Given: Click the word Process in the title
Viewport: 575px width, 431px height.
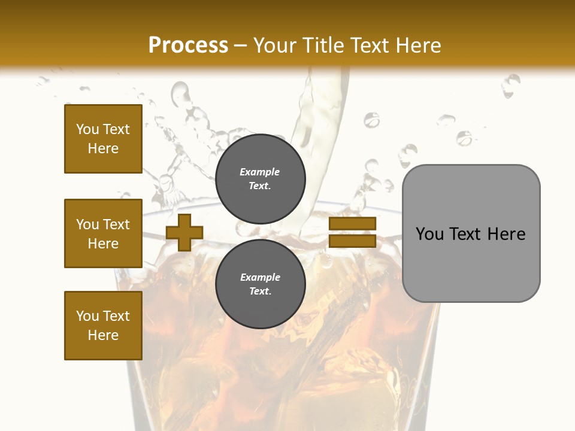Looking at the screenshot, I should [x=188, y=45].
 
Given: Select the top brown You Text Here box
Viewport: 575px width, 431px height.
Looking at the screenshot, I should [x=103, y=139].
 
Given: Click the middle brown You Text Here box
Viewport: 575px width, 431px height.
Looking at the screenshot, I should [x=103, y=233].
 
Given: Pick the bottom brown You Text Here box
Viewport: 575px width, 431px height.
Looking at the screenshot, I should [x=103, y=326].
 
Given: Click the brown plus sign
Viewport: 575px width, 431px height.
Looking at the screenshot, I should [x=184, y=232].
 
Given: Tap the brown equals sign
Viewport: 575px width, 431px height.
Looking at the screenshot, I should [x=352, y=232].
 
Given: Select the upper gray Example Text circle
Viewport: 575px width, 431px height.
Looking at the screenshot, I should [x=260, y=179].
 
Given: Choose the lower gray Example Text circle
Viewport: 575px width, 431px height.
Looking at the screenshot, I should [x=260, y=284].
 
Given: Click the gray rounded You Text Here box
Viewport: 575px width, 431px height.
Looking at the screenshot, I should [x=471, y=233].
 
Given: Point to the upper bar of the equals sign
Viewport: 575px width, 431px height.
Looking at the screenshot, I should [x=352, y=224].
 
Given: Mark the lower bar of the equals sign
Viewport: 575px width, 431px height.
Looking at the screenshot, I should [x=352, y=241].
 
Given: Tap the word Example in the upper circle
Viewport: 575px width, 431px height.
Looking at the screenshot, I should [x=260, y=172].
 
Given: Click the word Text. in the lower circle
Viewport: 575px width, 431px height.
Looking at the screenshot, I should [x=260, y=292].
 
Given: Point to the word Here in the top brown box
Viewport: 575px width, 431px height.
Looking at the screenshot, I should [x=103, y=148].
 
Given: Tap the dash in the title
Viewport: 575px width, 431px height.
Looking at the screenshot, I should [x=241, y=45].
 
